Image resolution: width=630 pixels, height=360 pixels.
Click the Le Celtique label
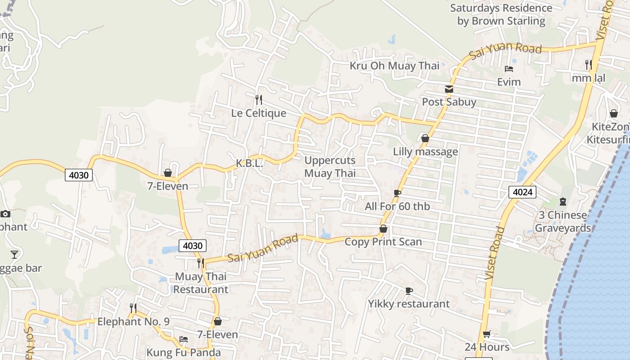pyautogui.click(x=259, y=113)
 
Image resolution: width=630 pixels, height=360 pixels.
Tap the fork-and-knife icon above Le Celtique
pyautogui.click(x=259, y=99)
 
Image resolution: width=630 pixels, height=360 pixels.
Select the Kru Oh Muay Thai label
pyautogui.click(x=395, y=66)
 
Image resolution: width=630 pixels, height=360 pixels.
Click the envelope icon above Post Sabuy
pyautogui.click(x=449, y=89)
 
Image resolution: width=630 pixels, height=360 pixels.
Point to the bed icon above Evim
pyautogui.click(x=509, y=69)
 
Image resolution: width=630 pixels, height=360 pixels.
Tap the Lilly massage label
pyautogui.click(x=425, y=152)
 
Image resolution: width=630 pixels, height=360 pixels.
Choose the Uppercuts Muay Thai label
pyautogui.click(x=330, y=166)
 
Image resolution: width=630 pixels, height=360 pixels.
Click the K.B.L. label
pyautogui.click(x=249, y=163)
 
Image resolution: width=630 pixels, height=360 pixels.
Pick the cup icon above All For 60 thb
pyautogui.click(x=397, y=193)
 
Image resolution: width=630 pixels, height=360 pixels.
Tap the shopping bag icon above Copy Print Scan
pyautogui.click(x=383, y=229)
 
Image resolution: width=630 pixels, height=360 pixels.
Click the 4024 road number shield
pyautogui.click(x=523, y=193)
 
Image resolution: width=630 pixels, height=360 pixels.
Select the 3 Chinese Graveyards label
pyautogui.click(x=562, y=221)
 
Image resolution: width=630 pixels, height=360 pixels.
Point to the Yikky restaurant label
pyautogui.click(x=409, y=304)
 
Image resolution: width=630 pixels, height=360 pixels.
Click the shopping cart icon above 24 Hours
pyautogui.click(x=486, y=334)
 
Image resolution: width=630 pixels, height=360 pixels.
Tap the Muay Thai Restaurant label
pyautogui.click(x=201, y=283)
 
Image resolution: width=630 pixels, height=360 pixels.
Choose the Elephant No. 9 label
pyautogui.click(x=134, y=322)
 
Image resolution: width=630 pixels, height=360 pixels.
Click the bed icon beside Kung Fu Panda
pyautogui.click(x=183, y=339)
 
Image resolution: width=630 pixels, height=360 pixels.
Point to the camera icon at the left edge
pyautogui.click(x=5, y=214)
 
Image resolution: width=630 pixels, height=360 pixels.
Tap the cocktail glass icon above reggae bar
pyautogui.click(x=14, y=255)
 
